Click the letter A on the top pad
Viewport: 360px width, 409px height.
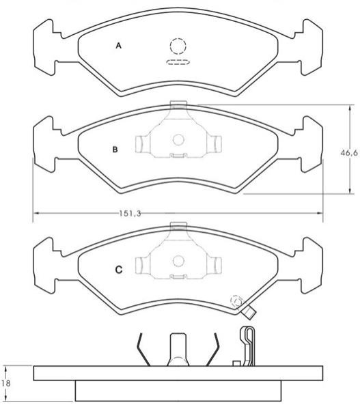[x=119, y=46]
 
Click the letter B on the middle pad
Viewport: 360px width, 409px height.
[x=115, y=150]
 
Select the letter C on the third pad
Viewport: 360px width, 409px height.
[x=119, y=270]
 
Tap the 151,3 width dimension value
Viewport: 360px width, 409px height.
[x=130, y=214]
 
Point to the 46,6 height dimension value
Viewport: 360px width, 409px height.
[x=349, y=153]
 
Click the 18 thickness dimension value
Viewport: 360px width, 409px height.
[x=5, y=383]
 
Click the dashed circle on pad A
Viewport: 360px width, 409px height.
[x=178, y=46]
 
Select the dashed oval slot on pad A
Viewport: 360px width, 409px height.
[x=178, y=62]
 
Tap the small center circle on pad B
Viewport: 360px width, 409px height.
[x=178, y=140]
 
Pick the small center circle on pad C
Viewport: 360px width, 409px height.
[x=179, y=261]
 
